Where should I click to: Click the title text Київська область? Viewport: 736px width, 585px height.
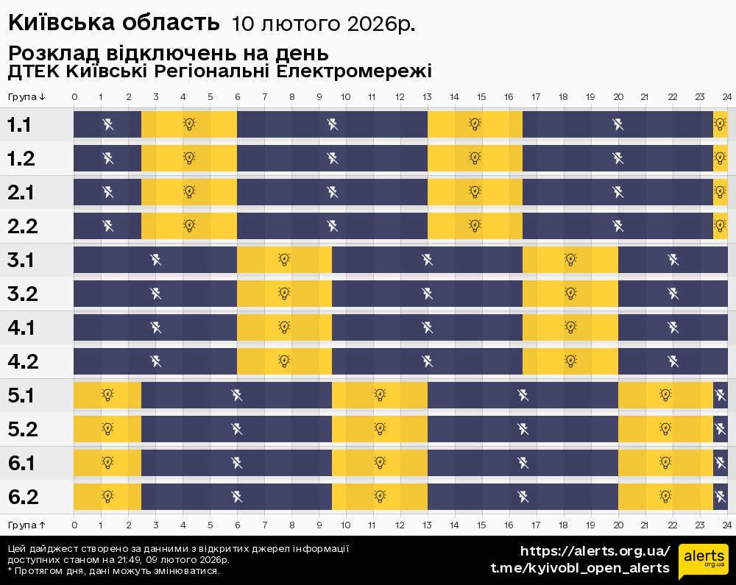114,23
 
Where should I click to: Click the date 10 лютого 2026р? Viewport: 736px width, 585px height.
323,24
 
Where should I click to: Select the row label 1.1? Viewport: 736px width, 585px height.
19,124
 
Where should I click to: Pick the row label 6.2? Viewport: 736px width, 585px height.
22,497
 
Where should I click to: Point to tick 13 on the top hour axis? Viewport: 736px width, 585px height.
428,97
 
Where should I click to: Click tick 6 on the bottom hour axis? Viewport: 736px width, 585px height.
237,525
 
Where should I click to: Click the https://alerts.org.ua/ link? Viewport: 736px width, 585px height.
595,551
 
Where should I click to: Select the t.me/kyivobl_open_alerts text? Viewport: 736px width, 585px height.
580,568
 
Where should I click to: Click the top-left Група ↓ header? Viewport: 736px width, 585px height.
27,97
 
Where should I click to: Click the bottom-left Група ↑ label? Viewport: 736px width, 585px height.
27,525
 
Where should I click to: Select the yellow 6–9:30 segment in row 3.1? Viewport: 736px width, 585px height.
284,260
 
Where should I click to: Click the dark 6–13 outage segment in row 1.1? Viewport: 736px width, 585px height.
332,124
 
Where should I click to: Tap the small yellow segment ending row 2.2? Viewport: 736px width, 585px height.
720,226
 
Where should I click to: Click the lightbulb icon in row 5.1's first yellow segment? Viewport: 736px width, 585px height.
107,395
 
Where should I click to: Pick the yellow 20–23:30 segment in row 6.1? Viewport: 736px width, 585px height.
665,463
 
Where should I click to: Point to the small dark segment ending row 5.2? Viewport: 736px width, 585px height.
720,429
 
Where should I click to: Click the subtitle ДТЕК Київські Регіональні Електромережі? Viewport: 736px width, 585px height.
219,72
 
